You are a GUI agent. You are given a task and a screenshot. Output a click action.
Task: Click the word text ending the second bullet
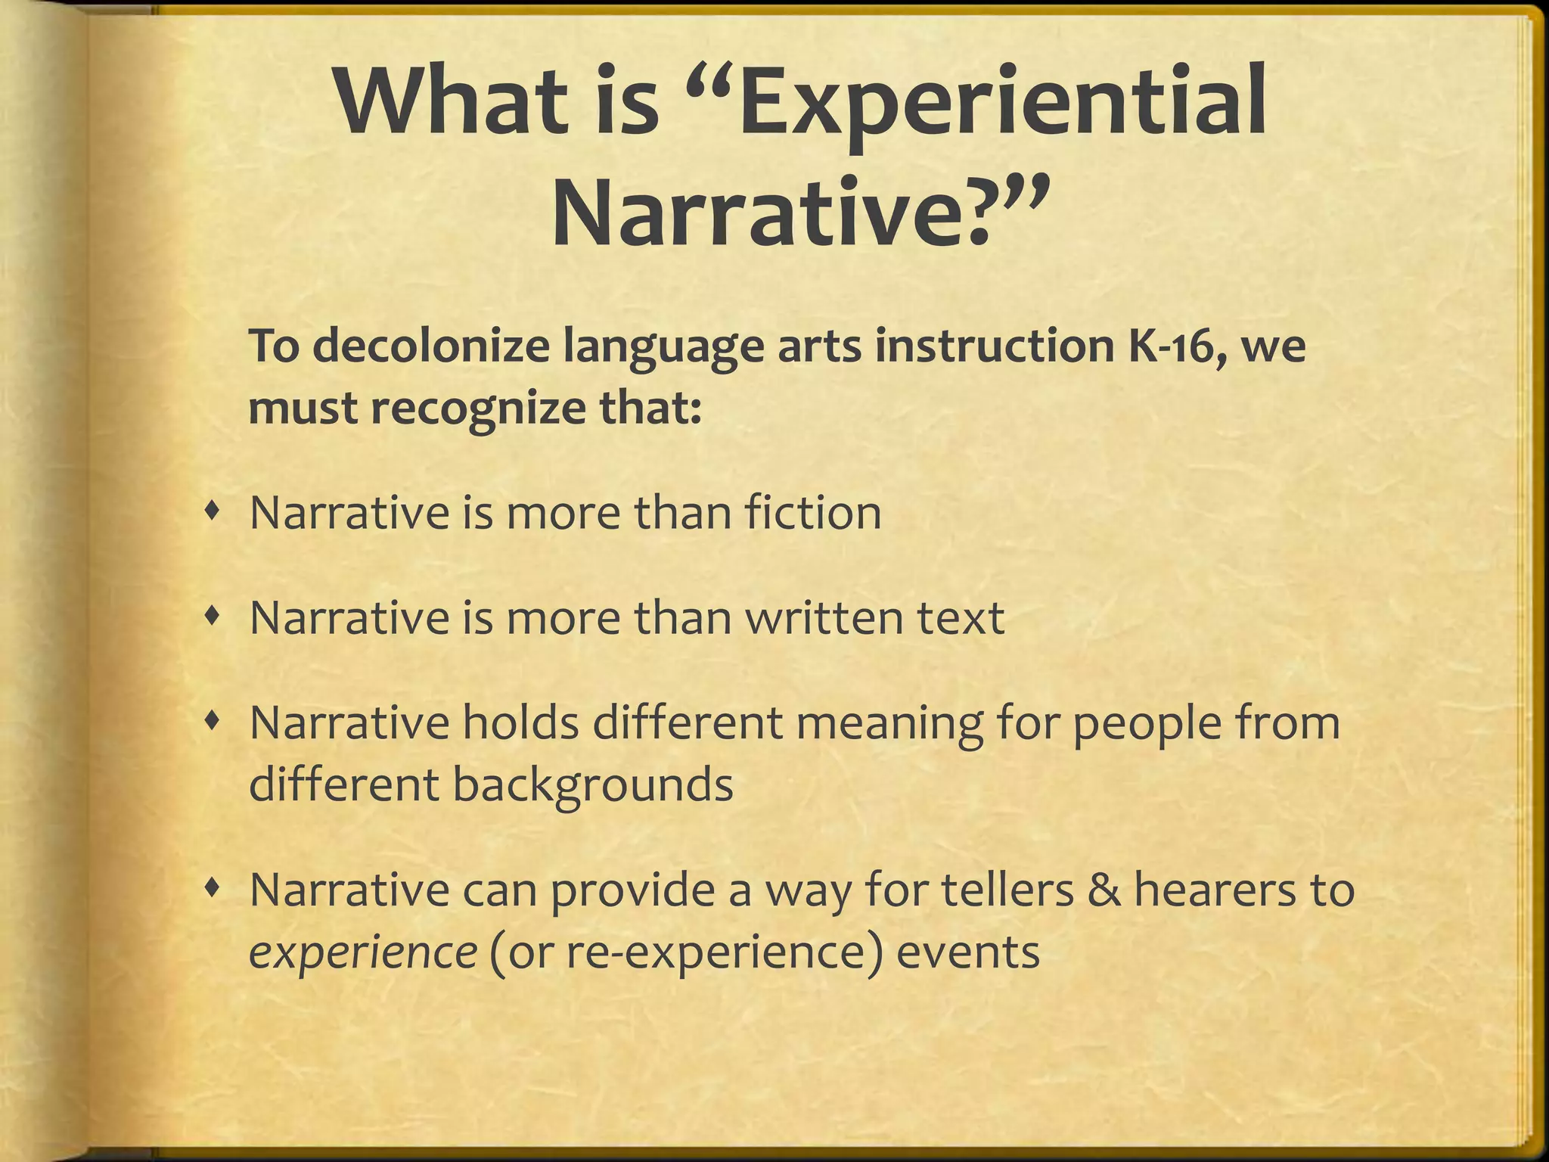tap(961, 618)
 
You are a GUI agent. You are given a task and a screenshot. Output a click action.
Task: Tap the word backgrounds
tap(593, 785)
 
